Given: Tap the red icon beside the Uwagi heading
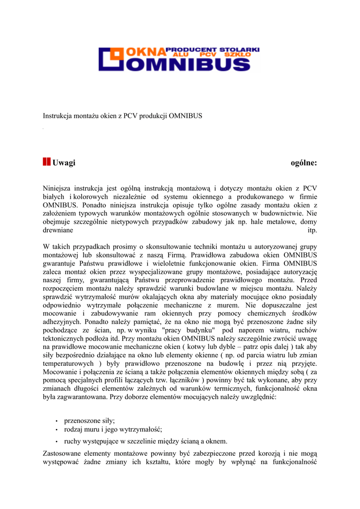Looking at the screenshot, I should point(46,162).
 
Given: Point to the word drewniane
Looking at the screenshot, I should point(58,231).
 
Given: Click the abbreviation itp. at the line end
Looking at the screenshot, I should point(312,231).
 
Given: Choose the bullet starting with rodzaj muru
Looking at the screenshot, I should point(113,429).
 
